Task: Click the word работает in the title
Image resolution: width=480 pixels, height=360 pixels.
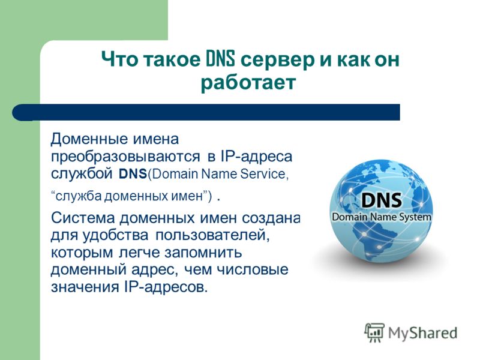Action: tap(248, 83)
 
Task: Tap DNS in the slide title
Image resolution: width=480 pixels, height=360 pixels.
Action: tap(220, 59)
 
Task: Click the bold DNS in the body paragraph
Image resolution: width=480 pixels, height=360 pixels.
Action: tap(133, 174)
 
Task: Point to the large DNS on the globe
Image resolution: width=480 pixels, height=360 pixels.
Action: tap(381, 200)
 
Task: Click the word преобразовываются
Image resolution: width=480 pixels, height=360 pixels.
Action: tap(125, 157)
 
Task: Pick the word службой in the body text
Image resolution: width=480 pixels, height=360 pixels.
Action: tap(82, 174)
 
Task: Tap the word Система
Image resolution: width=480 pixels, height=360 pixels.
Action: tap(83, 218)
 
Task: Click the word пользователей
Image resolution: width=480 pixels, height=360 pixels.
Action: tap(212, 235)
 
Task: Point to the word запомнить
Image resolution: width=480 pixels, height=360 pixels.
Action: tap(203, 253)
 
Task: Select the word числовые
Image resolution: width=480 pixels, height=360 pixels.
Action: tap(253, 269)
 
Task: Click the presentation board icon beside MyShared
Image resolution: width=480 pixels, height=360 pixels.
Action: tap(374, 333)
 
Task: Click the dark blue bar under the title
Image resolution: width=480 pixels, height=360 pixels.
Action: tap(206, 112)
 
